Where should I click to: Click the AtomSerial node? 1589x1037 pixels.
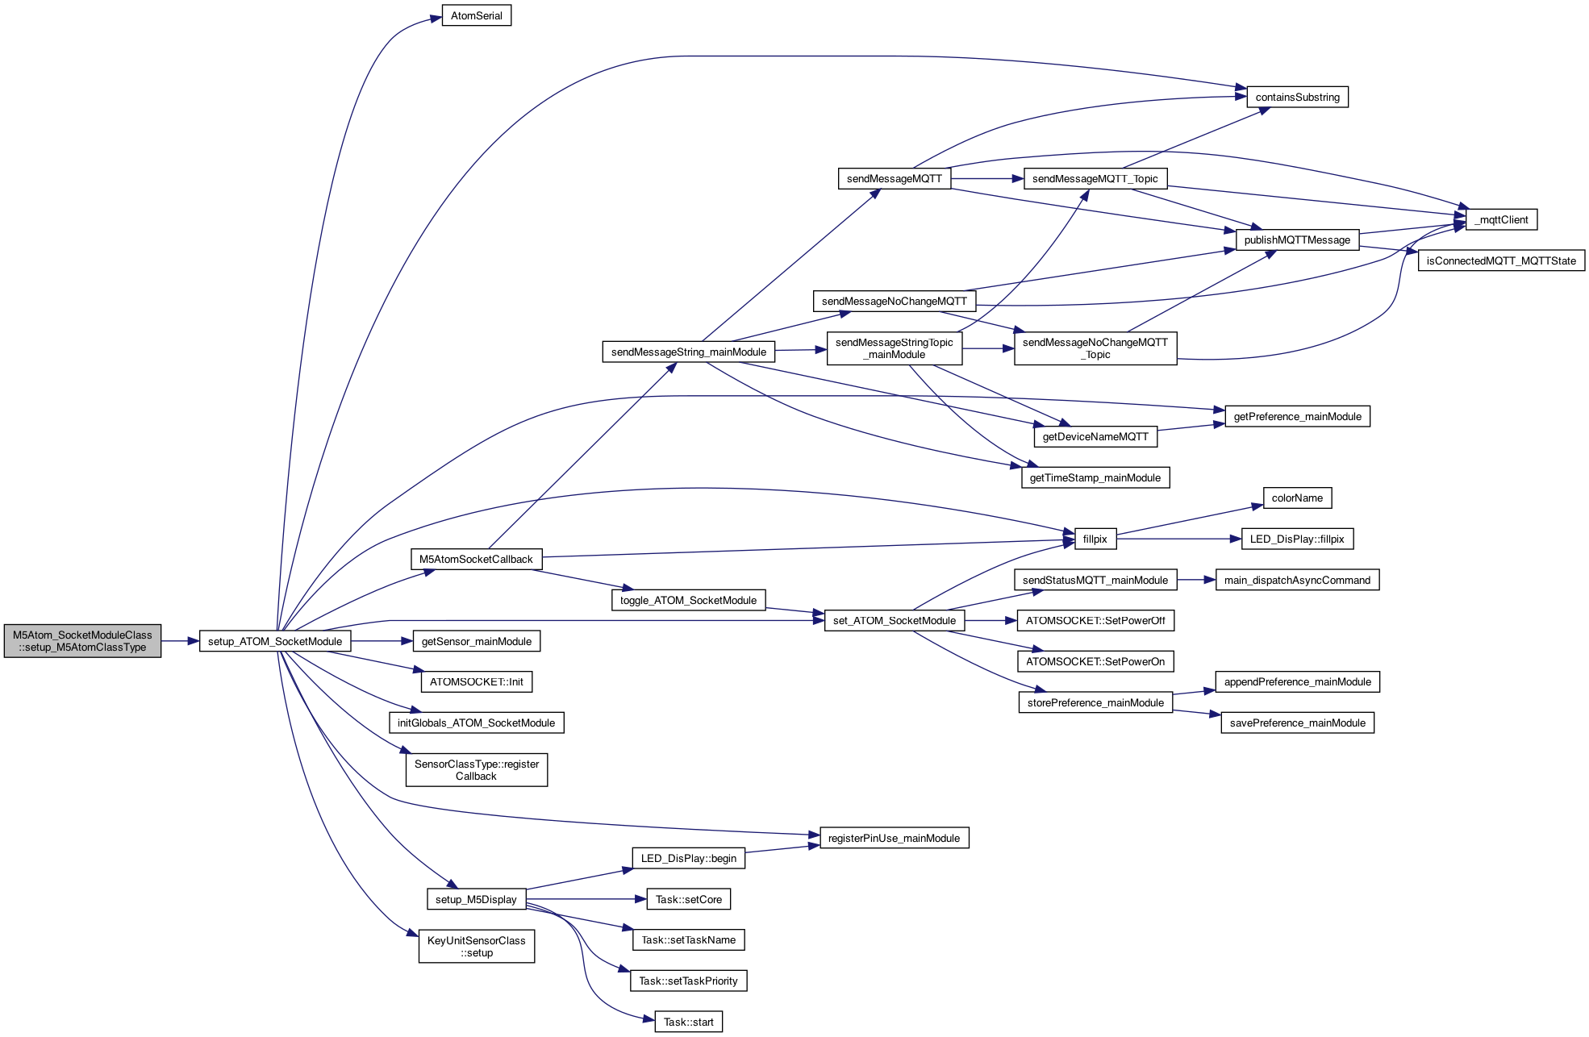click(476, 16)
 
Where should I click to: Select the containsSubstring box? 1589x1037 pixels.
click(1297, 98)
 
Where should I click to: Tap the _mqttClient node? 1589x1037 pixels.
click(1501, 219)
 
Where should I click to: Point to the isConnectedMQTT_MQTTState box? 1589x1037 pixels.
click(1501, 260)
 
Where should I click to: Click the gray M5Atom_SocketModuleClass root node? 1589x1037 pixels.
click(82, 641)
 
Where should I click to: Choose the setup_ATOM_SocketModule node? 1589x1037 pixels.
click(275, 642)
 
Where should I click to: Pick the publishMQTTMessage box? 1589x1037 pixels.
click(1297, 240)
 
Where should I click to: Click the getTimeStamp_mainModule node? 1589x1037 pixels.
click(1095, 478)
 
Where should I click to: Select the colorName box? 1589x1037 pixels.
click(1297, 498)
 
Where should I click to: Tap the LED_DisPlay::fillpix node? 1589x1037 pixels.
click(1297, 539)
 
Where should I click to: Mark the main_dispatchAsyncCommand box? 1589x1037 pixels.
click(1297, 581)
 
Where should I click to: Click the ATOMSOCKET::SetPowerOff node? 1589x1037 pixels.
click(1095, 621)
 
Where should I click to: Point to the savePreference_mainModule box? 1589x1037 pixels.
click(1297, 723)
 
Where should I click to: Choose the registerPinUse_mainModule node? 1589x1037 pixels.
click(894, 839)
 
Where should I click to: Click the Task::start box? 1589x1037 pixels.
click(688, 1022)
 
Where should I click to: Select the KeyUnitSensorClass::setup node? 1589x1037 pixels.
click(476, 947)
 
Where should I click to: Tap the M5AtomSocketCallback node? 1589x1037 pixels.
click(476, 560)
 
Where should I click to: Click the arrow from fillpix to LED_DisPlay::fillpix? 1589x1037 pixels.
click(1178, 539)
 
